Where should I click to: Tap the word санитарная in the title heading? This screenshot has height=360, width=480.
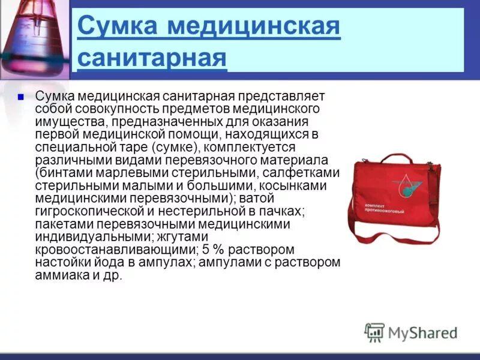pyautogui.click(x=152, y=59)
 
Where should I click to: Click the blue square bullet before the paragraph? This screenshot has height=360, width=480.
pyautogui.click(x=20, y=96)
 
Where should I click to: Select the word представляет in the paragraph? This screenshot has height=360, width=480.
pyautogui.click(x=284, y=97)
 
